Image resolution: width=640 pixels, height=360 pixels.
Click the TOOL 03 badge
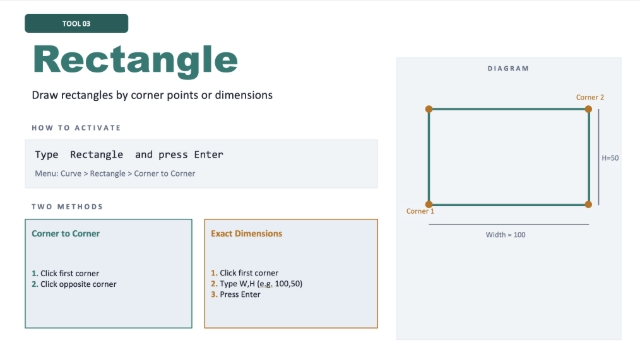[76, 23]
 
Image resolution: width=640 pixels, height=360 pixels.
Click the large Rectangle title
[135, 60]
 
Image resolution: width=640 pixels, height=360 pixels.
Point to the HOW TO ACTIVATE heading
[76, 128]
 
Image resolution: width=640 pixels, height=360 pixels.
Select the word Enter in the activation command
[209, 154]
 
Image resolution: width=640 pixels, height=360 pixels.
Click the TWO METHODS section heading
[67, 207]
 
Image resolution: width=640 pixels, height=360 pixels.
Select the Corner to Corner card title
[66, 233]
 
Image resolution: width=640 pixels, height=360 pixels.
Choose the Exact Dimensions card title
[247, 233]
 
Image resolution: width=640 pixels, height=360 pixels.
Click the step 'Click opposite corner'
[78, 284]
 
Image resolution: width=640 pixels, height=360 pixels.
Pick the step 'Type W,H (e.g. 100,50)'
[261, 284]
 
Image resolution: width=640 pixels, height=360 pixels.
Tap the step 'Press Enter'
[240, 294]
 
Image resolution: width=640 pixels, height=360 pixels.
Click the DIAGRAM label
[508, 69]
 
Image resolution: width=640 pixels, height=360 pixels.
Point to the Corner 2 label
[590, 97]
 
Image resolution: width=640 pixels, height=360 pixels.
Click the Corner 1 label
[420, 211]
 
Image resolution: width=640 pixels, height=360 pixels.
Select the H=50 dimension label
[610, 158]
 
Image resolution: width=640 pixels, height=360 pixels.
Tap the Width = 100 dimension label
[505, 235]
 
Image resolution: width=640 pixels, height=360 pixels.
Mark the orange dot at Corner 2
[588, 109]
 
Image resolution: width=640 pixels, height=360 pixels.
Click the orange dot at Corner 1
[429, 204]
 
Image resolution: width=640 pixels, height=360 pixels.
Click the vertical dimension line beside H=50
[599, 157]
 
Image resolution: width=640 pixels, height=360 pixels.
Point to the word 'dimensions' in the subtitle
[244, 95]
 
